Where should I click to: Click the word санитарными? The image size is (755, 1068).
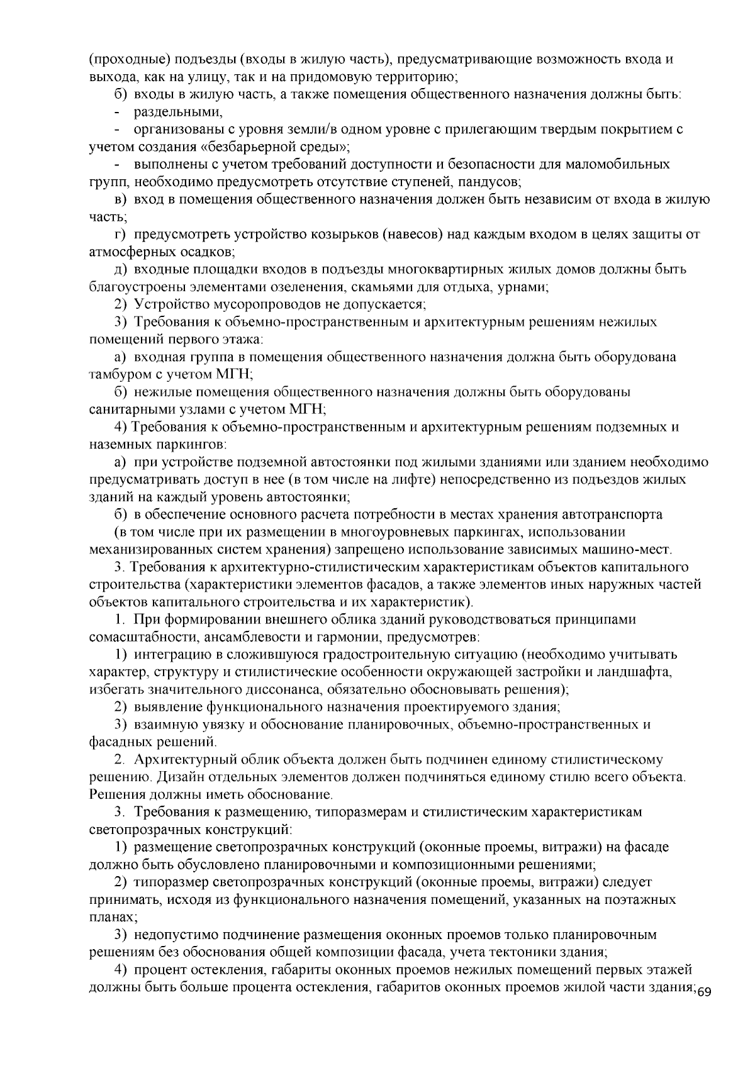(x=128, y=409)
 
